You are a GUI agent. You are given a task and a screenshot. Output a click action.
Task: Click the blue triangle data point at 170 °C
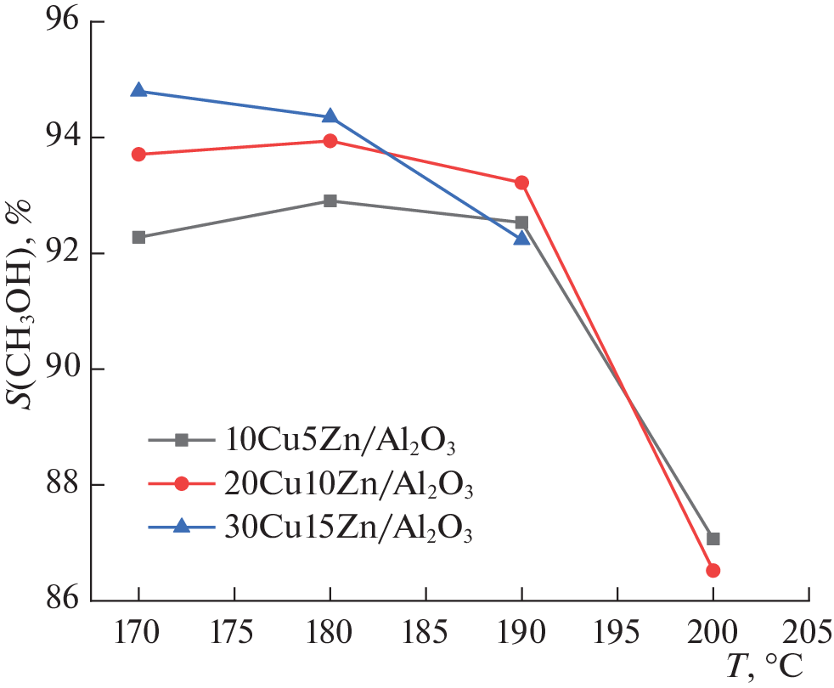point(138,90)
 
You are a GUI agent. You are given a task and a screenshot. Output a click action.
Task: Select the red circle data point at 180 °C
point(330,140)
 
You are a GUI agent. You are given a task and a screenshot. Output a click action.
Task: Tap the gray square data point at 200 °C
point(713,539)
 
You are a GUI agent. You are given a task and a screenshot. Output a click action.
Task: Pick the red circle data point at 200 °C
point(713,570)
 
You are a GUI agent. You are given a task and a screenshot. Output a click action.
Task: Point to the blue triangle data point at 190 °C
point(521,238)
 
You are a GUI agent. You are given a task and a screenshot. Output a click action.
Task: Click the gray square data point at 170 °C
point(138,237)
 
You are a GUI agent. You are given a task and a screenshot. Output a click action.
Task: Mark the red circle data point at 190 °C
point(521,183)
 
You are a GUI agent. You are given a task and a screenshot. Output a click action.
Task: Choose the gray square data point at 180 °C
point(330,200)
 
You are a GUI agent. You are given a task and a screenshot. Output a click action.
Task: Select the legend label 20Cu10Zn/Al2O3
point(349,485)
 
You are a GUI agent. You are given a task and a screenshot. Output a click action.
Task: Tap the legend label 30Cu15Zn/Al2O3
point(349,528)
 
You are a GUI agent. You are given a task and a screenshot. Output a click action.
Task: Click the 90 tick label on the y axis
point(60,369)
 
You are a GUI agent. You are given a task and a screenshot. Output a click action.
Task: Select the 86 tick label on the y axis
point(60,600)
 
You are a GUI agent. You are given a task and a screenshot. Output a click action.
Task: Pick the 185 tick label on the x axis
point(425,633)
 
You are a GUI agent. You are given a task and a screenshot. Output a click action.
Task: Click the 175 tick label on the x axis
point(234,633)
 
